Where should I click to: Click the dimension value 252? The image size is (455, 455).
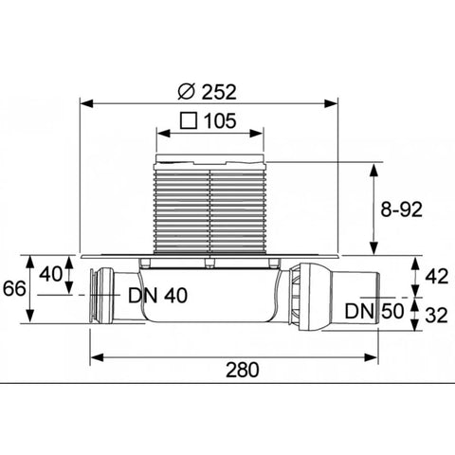coord(219,92)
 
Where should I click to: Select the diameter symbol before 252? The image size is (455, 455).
coord(186,92)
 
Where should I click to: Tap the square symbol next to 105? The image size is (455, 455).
coord(189,120)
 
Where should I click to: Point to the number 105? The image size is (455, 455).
coord(220,120)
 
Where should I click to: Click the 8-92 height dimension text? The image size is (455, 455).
coord(401,209)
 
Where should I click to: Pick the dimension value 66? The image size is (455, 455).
coord(14,288)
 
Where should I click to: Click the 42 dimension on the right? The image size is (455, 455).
coord(436,277)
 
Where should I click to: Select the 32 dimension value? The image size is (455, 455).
coord(436,315)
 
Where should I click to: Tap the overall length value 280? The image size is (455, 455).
coord(243,370)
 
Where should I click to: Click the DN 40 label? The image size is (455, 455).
coord(157,296)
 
